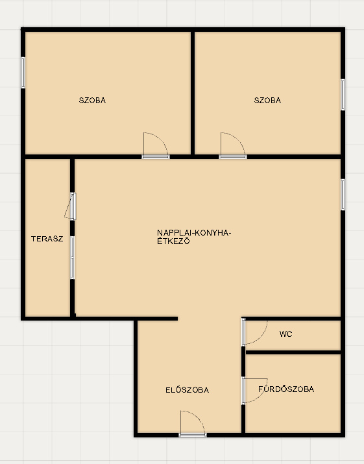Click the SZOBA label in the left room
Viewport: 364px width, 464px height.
point(92,101)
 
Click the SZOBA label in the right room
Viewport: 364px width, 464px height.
point(267,101)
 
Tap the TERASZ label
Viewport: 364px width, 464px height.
point(47,239)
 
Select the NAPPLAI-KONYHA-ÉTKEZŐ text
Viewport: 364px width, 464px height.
point(194,237)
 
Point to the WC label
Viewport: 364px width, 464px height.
point(286,334)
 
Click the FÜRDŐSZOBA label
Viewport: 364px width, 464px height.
point(286,389)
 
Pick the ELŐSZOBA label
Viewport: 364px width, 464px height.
point(188,390)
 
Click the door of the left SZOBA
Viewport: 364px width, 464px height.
point(156,145)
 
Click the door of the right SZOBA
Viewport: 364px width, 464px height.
point(233,145)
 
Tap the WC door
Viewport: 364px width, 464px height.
point(254,332)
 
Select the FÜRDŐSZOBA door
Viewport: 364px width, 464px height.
point(254,391)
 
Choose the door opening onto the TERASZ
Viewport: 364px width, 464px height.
point(71,206)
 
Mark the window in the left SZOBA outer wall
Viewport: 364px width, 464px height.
point(23,73)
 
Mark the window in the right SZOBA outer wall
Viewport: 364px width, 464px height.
point(343,95)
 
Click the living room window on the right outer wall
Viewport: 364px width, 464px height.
point(343,195)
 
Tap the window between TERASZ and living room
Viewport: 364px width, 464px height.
point(72,258)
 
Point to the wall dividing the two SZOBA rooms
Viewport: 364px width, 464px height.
point(193,93)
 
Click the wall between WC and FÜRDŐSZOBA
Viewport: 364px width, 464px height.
point(293,352)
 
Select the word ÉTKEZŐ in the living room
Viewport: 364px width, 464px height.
point(173,241)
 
